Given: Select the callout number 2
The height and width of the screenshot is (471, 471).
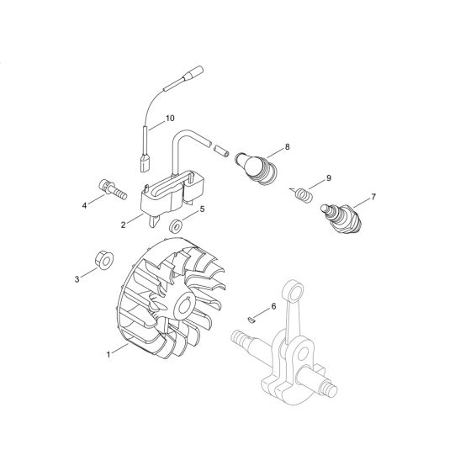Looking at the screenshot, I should coord(124,225).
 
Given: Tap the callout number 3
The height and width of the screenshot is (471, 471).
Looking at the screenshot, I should coord(78,278).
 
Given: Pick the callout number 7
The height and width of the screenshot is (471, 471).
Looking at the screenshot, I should coord(373,197).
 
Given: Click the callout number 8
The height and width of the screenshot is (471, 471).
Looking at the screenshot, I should coord(287,147).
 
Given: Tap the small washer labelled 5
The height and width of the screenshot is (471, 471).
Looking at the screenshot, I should coord(175,226).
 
